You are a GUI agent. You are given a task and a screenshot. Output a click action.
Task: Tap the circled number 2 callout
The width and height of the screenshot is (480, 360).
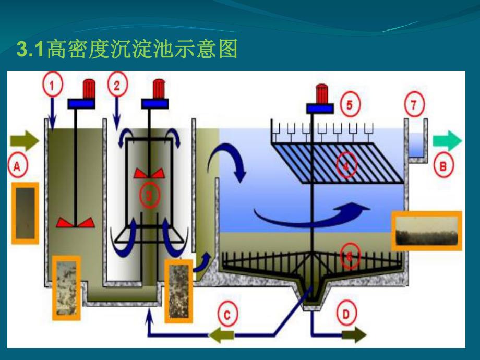(x=117, y=86)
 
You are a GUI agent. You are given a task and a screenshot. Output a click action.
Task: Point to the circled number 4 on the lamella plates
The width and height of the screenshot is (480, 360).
(x=345, y=165)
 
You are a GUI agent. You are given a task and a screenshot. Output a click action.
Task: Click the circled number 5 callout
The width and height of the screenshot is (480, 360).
(x=350, y=106)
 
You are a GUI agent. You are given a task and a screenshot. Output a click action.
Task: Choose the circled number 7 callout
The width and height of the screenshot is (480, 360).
(x=414, y=106)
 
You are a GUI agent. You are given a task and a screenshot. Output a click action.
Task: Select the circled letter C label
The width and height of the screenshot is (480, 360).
(x=227, y=315)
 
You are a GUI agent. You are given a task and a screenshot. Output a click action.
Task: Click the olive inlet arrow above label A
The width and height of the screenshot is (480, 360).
(x=24, y=140)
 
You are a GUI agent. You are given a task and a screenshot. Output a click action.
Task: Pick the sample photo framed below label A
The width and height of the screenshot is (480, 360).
(x=25, y=213)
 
